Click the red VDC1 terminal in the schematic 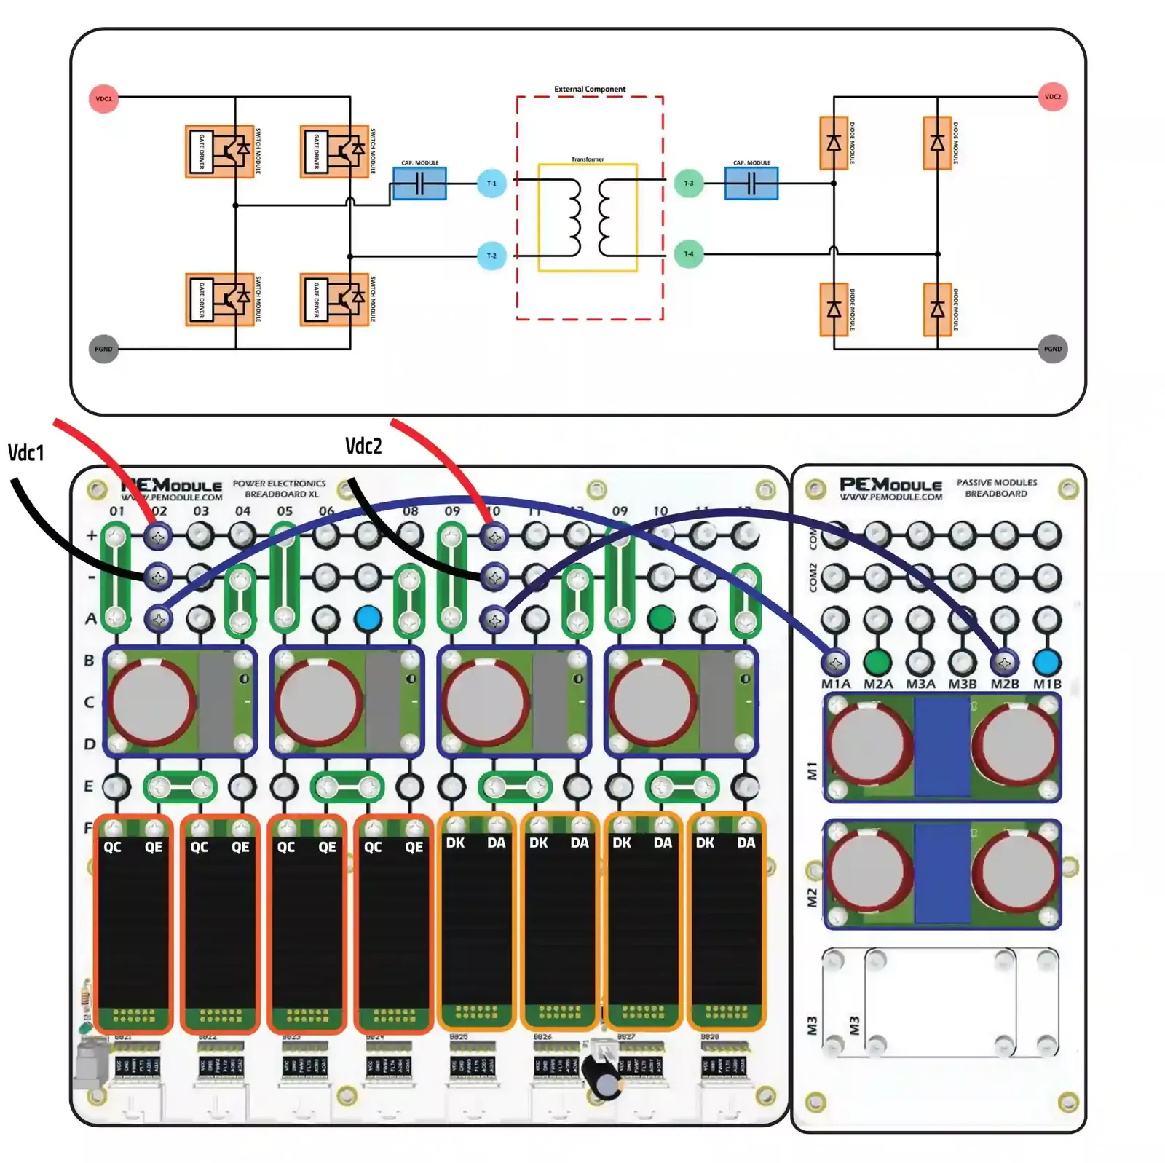click(103, 99)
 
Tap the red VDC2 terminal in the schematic click(1052, 97)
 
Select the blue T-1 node click(491, 184)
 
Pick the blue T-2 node click(491, 256)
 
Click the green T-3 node click(688, 184)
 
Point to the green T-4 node click(688, 254)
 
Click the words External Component click(590, 90)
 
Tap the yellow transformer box click(588, 217)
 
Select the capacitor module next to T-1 click(419, 184)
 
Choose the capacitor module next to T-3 click(751, 184)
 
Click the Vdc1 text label click(26, 453)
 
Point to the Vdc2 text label click(363, 446)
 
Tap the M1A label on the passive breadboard click(835, 685)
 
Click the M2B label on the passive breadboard click(1004, 685)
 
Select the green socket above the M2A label click(877, 662)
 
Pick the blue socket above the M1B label click(1046, 662)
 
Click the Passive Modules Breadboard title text click(996, 488)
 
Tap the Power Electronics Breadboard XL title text click(280, 489)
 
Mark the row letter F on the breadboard click(88, 828)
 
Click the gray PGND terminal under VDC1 click(103, 349)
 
